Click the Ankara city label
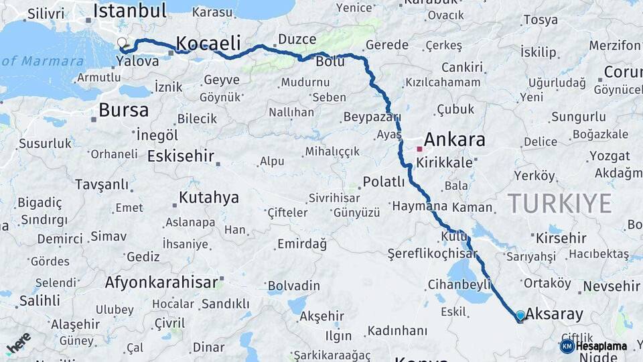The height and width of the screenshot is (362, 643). [x=455, y=139]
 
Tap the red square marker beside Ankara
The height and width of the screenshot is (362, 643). [x=419, y=149]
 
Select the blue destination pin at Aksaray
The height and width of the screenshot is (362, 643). [x=520, y=316]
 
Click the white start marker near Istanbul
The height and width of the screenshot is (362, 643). [x=122, y=43]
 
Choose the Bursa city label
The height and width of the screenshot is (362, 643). [x=124, y=110]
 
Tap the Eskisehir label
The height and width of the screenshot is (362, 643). [x=180, y=157]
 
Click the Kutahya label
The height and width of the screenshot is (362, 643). [x=208, y=198]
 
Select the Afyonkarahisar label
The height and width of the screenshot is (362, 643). [x=161, y=282]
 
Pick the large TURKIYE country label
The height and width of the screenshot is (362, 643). [x=559, y=202]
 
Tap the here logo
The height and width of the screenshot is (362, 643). [x=19, y=343]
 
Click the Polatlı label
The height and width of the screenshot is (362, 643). [x=384, y=182]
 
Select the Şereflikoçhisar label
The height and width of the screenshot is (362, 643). [x=433, y=253]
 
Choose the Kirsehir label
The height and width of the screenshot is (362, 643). [x=561, y=238]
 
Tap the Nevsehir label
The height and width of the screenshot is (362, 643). [x=611, y=286]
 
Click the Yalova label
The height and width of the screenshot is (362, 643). [x=137, y=62]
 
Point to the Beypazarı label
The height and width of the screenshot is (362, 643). [x=371, y=117]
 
